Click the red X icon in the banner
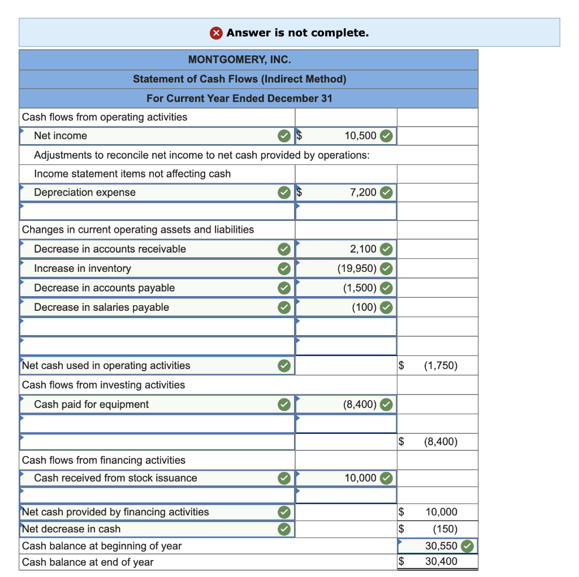(x=217, y=33)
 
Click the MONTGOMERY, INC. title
(x=240, y=59)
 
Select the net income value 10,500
(x=360, y=136)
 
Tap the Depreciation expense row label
(x=85, y=192)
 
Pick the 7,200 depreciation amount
(x=363, y=192)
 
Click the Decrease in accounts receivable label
(x=110, y=249)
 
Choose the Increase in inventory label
(x=83, y=268)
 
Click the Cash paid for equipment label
(x=92, y=404)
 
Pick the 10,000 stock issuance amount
(x=360, y=478)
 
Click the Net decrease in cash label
(x=71, y=529)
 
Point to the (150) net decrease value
(x=445, y=530)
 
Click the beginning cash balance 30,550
(x=441, y=546)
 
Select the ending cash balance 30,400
(x=441, y=562)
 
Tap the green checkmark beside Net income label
(x=284, y=136)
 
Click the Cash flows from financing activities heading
(x=103, y=460)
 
